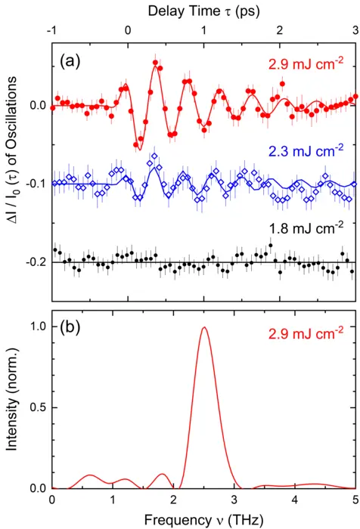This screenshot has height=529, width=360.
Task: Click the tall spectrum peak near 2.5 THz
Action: (x=203, y=328)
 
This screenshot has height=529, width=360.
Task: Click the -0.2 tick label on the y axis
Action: (x=34, y=261)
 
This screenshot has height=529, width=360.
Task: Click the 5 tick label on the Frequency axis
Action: (x=355, y=500)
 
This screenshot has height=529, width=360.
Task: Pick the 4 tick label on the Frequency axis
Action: (x=294, y=500)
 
